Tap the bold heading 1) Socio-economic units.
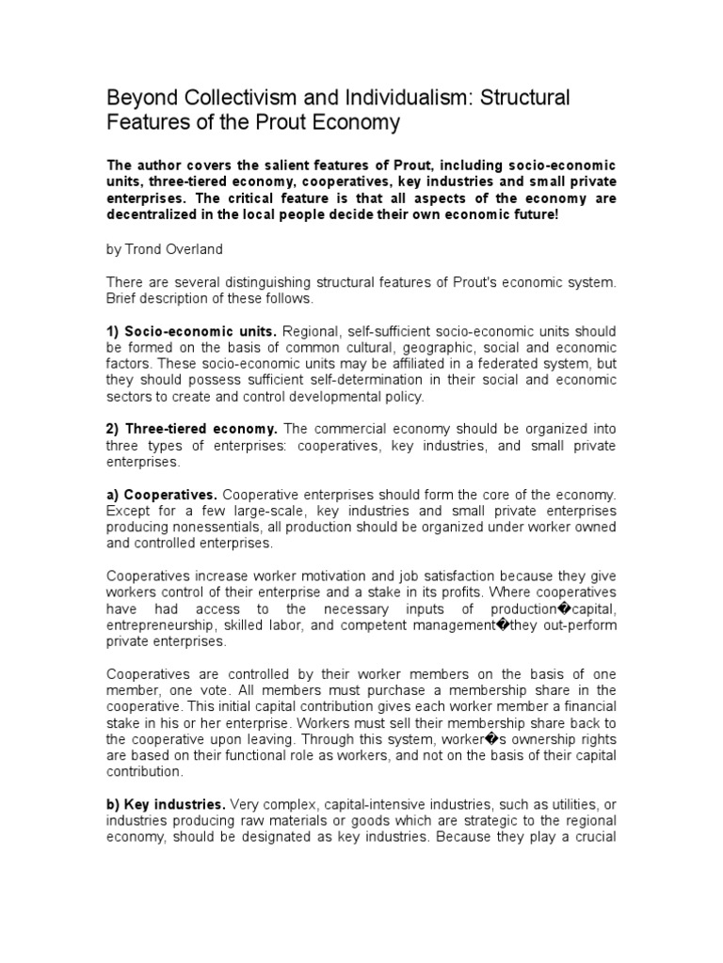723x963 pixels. (192, 332)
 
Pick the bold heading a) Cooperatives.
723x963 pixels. (162, 495)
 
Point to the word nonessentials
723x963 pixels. (218, 528)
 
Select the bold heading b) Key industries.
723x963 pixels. (166, 805)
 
